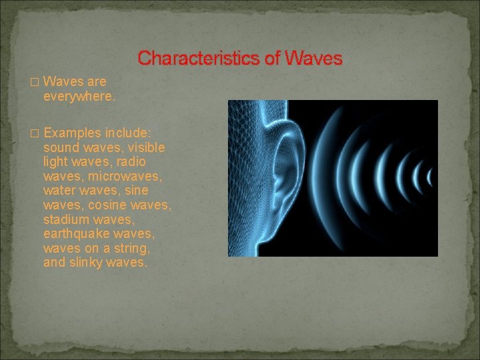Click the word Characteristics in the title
tap(199, 59)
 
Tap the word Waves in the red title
tap(313, 59)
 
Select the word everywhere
tap(79, 96)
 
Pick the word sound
tap(60, 147)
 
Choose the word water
tap(59, 191)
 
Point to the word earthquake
tap(75, 234)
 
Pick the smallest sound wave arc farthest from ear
tap(430, 177)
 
